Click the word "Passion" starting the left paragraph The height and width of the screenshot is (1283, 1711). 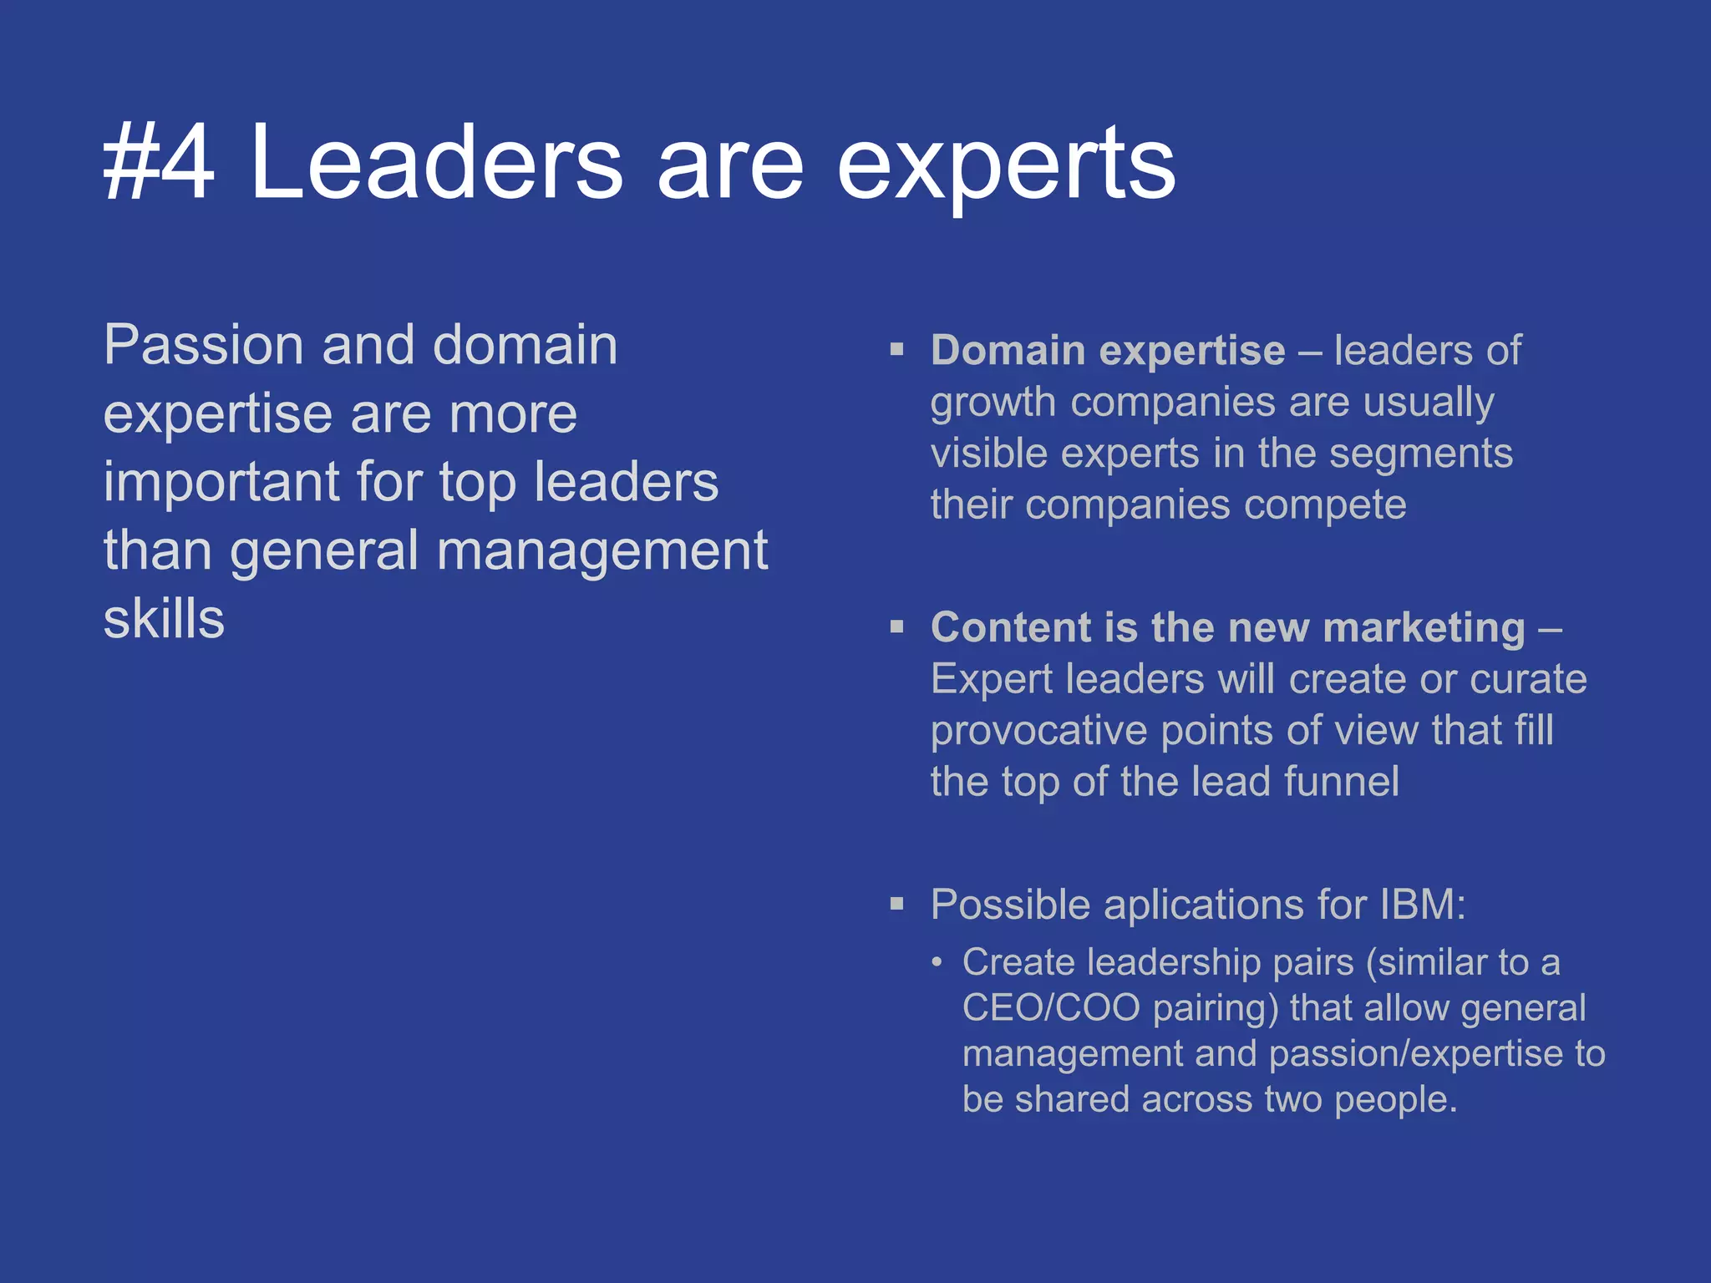(x=203, y=345)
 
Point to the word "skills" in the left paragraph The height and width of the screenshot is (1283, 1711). (x=164, y=619)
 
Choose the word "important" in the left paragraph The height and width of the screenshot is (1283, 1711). (x=221, y=483)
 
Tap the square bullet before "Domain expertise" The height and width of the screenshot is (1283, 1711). (x=897, y=349)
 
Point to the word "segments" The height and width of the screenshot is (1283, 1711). (x=1420, y=454)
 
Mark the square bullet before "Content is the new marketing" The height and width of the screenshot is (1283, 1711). (x=897, y=626)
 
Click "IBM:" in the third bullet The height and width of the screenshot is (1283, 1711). (x=1422, y=905)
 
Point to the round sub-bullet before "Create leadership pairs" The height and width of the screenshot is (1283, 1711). (x=937, y=963)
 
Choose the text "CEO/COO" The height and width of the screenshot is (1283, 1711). (x=1051, y=1008)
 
